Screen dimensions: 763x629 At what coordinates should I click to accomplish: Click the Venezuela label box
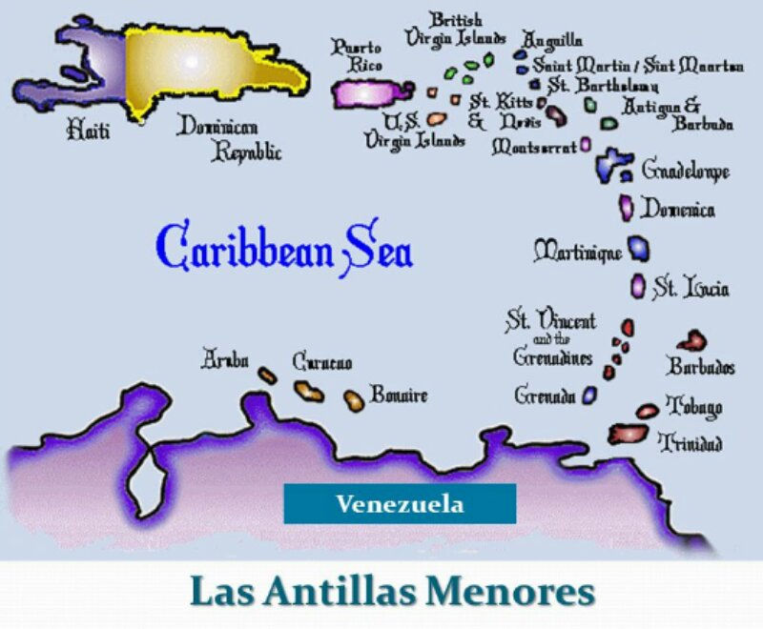pos(400,503)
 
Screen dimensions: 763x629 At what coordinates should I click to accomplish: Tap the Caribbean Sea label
pos(284,248)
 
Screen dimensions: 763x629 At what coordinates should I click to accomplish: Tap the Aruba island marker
pos(268,375)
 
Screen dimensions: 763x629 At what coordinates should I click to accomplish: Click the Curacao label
pos(322,362)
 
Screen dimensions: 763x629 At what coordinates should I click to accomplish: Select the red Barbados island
pos(691,340)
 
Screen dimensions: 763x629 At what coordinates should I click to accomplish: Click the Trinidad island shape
pos(628,434)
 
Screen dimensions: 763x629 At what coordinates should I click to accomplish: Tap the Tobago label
pos(693,406)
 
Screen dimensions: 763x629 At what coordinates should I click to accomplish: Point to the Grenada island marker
pos(589,395)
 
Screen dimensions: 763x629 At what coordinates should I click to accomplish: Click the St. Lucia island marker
pos(638,285)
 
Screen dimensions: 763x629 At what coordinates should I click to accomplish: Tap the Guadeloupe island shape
pos(611,165)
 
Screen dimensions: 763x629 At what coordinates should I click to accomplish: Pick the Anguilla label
pos(552,40)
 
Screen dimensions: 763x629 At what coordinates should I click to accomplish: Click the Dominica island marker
pos(627,208)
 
